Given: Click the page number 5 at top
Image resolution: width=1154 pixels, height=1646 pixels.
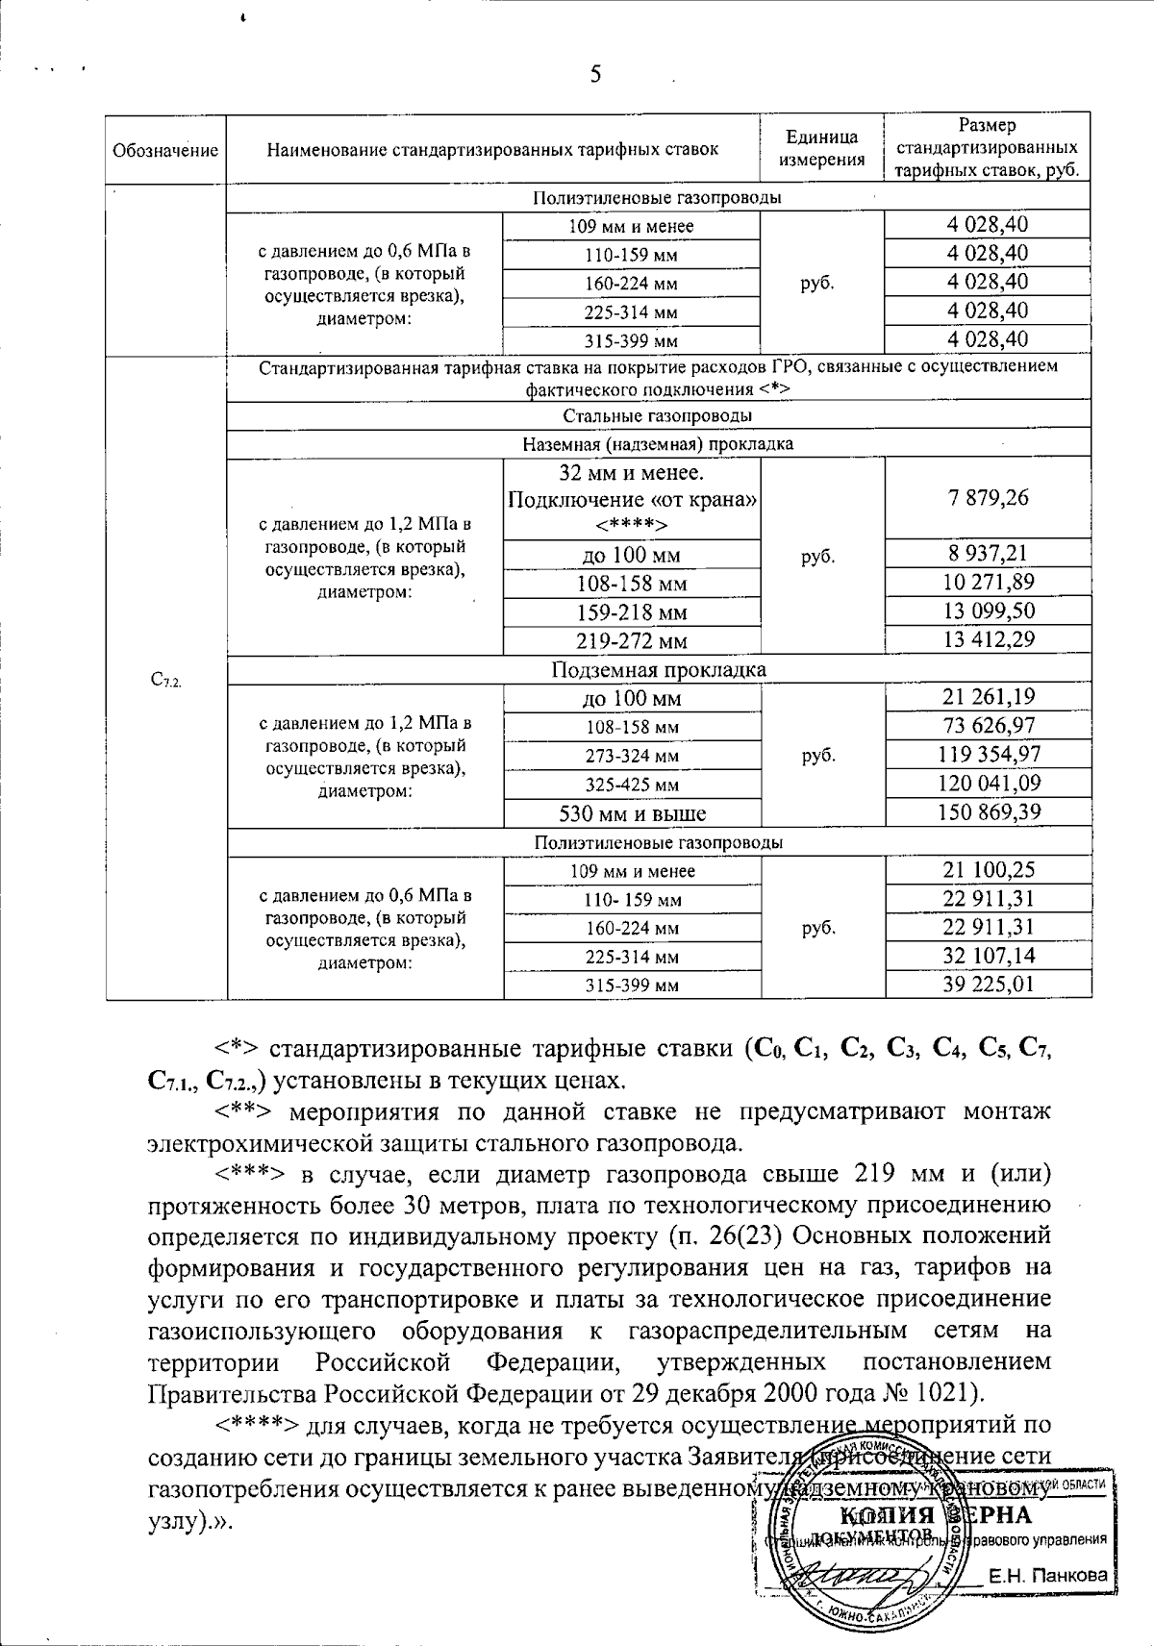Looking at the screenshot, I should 595,74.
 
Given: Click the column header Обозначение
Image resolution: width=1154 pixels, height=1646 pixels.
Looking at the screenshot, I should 165,150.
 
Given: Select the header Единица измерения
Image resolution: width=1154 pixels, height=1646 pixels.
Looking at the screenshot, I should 821,149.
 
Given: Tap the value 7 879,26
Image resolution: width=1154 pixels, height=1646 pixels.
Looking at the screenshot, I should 987,497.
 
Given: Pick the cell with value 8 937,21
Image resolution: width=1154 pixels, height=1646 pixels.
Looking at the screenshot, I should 987,553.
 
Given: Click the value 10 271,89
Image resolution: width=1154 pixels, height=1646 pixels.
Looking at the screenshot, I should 987,582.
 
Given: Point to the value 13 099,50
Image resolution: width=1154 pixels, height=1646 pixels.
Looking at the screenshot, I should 987,611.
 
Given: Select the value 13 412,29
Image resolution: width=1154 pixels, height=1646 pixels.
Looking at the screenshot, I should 987,639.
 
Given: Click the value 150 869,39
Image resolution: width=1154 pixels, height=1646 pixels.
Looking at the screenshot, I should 989,812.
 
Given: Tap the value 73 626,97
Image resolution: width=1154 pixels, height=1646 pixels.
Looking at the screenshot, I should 989,726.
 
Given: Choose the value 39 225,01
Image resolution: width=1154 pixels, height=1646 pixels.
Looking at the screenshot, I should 989,984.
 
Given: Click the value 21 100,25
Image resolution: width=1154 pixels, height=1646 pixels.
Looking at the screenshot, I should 989,870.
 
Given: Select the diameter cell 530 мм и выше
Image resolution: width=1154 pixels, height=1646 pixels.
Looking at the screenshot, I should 632,813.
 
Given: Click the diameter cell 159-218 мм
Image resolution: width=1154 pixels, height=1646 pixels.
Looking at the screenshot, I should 632,612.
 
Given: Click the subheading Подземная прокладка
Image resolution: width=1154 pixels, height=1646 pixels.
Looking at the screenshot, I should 659,669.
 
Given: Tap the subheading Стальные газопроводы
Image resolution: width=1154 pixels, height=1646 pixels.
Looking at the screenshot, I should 659,415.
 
